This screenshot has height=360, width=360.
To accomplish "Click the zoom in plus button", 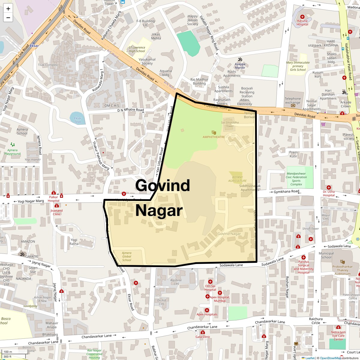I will [8, 9].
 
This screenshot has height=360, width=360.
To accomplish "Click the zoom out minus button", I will [8, 18].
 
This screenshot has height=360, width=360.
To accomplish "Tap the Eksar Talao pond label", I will [78, 120].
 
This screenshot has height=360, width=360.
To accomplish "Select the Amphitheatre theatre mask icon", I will [214, 132].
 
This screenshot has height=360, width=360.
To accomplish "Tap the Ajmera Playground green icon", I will [12, 145].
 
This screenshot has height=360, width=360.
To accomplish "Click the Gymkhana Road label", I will [286, 191].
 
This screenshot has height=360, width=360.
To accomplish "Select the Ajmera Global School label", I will [127, 256].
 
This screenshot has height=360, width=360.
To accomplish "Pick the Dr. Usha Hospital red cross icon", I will [329, 187].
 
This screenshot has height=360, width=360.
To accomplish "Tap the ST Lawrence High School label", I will [137, 49].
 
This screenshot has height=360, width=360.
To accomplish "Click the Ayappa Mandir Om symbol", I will [240, 59].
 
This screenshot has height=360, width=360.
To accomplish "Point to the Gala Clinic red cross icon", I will [203, 332].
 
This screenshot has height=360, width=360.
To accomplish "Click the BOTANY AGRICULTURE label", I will [237, 179].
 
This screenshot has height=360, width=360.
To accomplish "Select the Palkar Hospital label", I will [54, 199].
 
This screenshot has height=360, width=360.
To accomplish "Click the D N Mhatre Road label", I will [130, 110].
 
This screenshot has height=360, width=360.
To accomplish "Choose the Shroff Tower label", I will [310, 229].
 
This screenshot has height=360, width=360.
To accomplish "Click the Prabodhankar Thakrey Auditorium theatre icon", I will [342, 262].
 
